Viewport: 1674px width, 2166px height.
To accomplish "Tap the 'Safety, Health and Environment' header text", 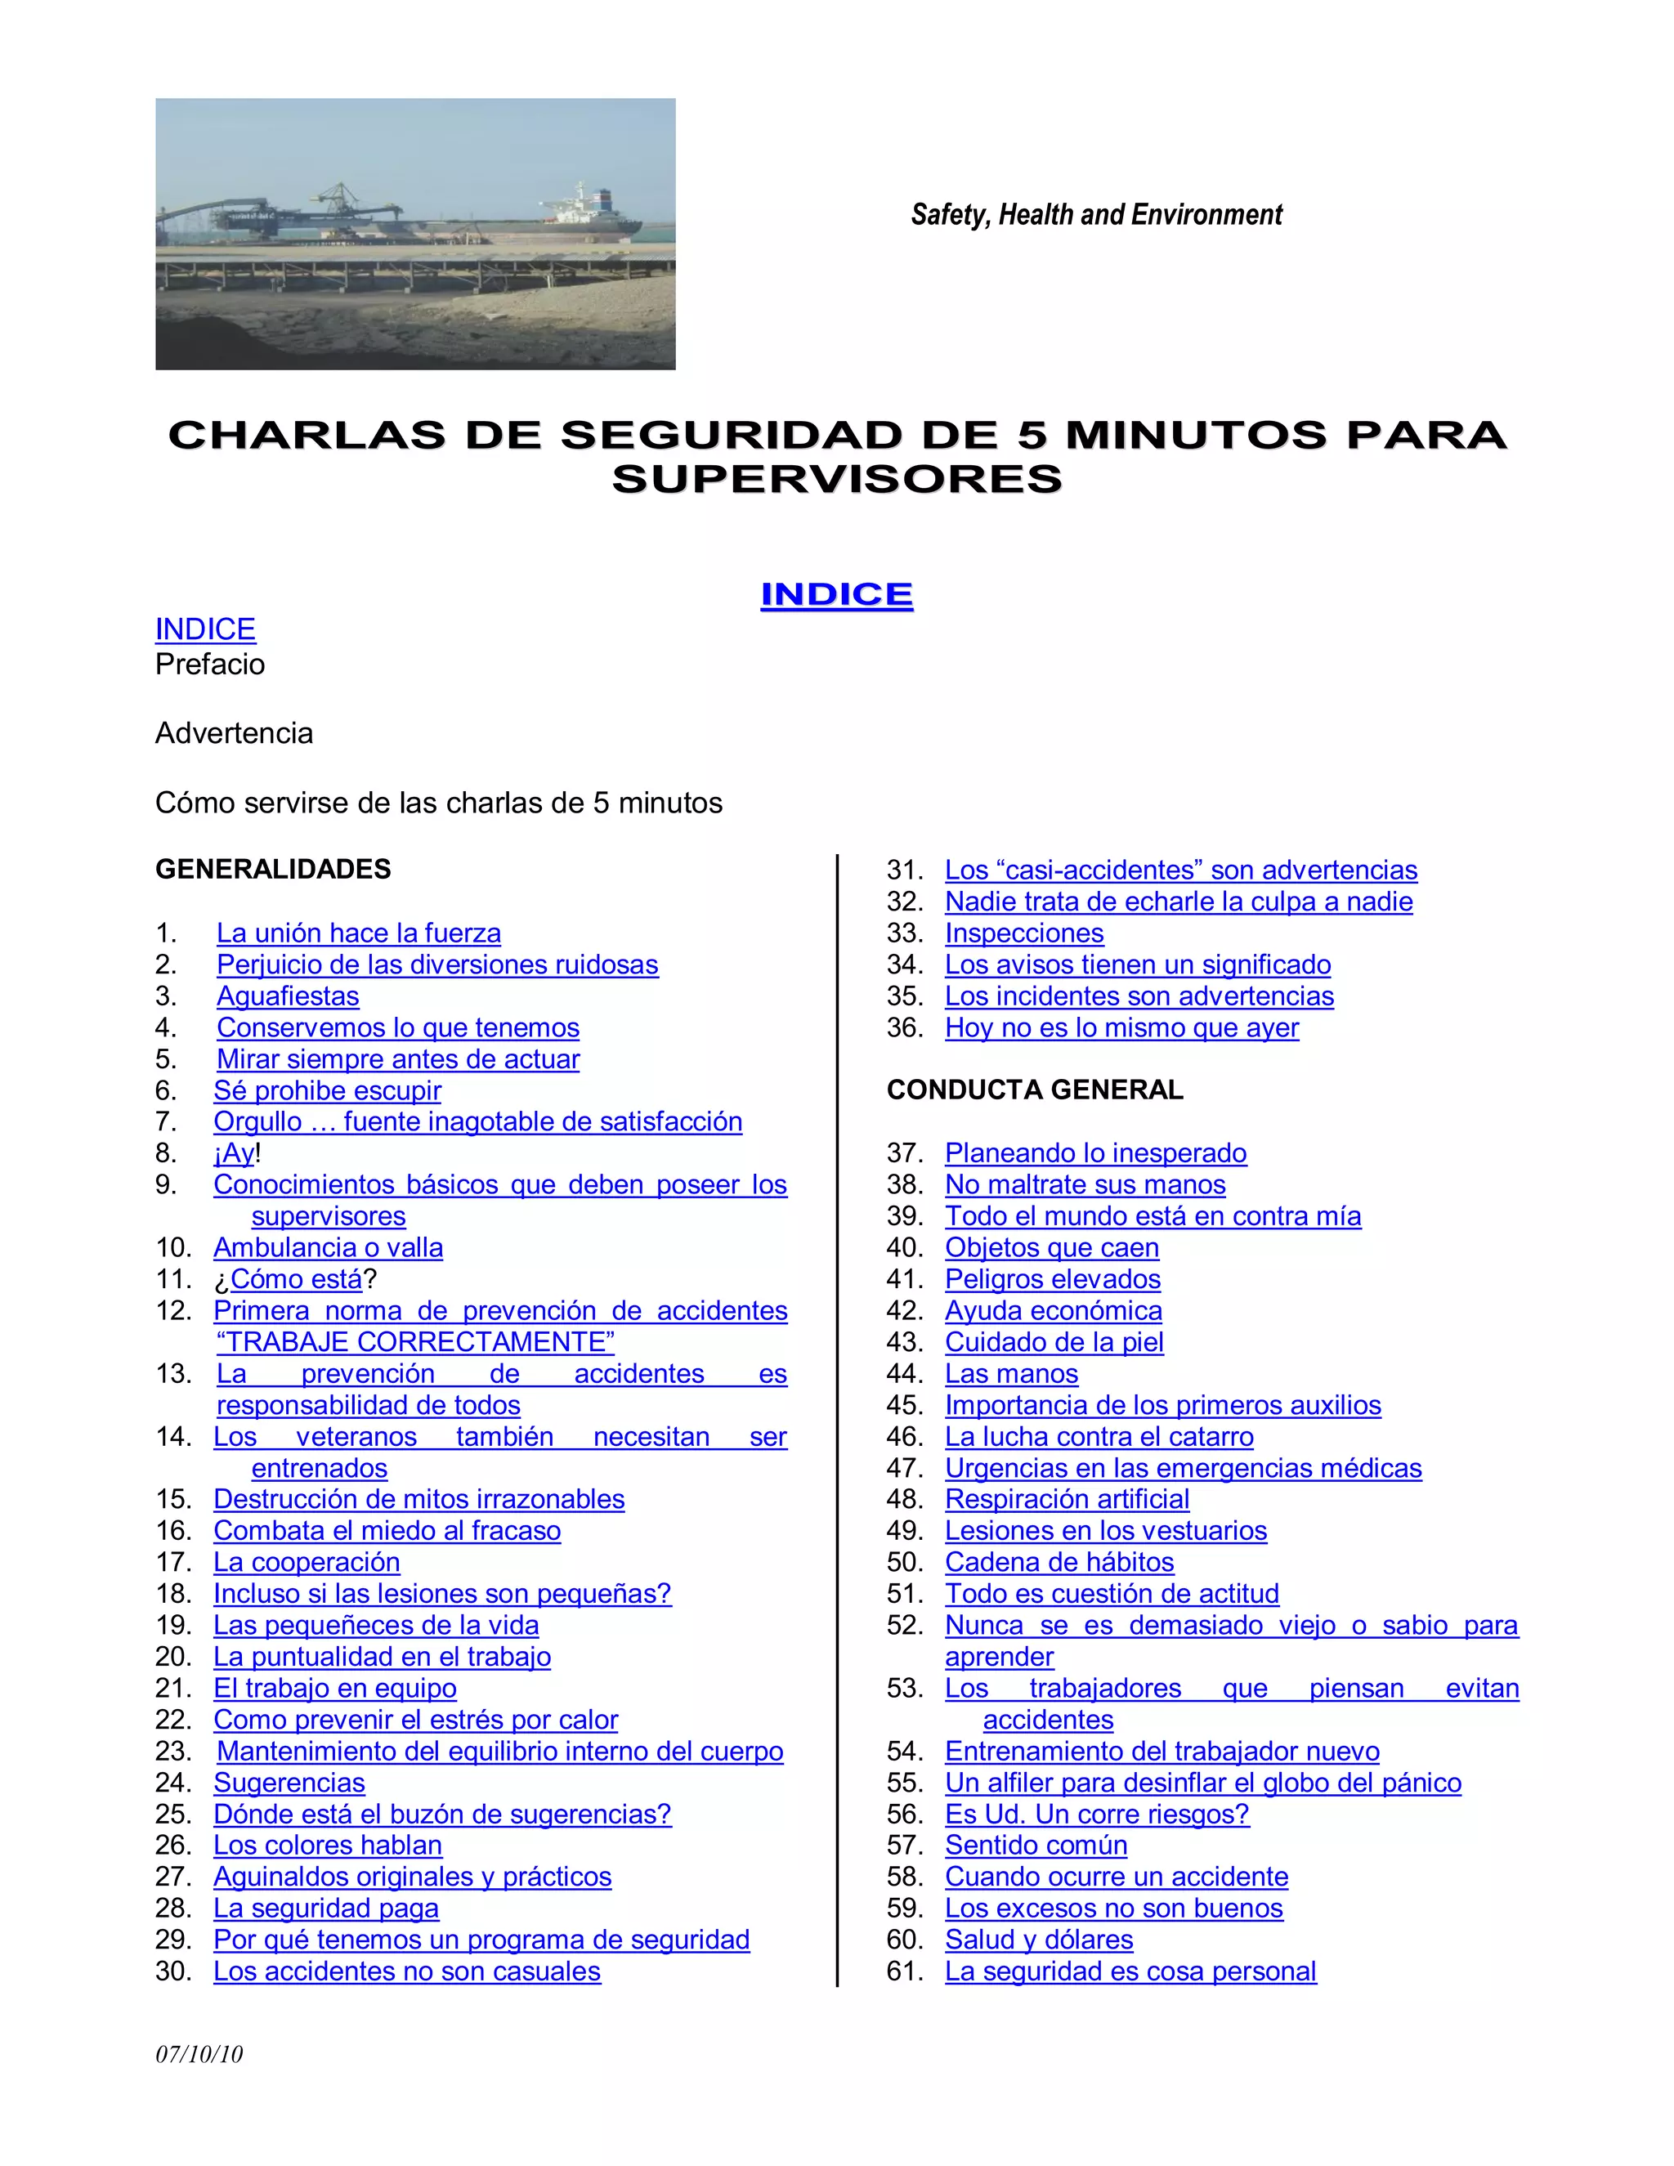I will [x=1096, y=214].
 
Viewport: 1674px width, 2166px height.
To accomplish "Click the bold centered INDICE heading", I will [x=836, y=594].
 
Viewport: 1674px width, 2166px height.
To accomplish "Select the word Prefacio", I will [x=210, y=665].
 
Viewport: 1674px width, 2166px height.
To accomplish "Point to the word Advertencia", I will [x=234, y=734].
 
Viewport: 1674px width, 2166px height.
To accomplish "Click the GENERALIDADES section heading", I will [x=273, y=870].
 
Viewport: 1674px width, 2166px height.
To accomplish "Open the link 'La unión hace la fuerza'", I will [x=358, y=933].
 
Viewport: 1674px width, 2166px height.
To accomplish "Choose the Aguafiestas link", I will [x=288, y=996].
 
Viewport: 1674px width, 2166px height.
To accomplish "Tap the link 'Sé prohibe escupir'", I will [x=327, y=1091].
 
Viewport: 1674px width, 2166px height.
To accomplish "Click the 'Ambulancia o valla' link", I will [x=329, y=1247].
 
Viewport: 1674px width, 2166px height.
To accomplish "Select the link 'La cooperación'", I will [x=307, y=1562].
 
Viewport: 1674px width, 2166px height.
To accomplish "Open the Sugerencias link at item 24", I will [x=289, y=1782].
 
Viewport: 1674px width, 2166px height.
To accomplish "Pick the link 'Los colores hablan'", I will [x=327, y=1846].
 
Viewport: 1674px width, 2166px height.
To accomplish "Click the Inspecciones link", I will [x=1023, y=933].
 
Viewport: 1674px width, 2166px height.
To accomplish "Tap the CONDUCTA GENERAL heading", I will [x=1034, y=1090].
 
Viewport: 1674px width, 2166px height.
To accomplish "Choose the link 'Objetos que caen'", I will [x=1051, y=1247].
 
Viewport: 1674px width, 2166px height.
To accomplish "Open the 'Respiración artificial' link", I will [x=1066, y=1500].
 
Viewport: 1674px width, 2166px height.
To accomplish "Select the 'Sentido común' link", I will [x=1036, y=1846].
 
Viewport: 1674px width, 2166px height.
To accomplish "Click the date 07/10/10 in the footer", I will [x=199, y=2054].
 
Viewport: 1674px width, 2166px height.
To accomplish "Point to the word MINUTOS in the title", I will [x=1195, y=436].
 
